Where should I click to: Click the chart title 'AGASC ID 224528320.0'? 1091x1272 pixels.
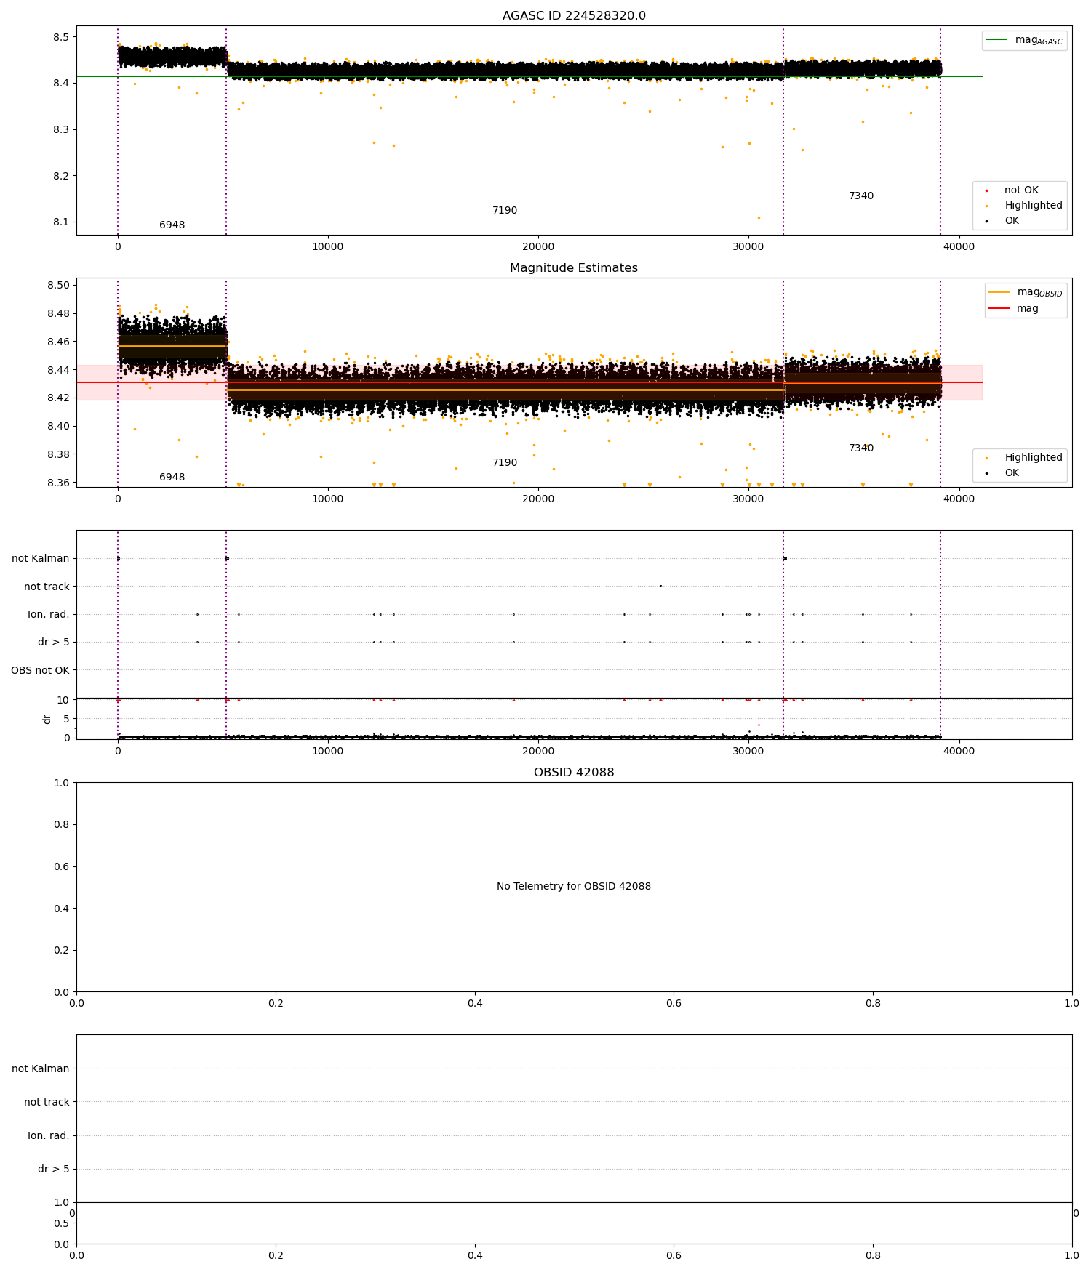[x=574, y=16]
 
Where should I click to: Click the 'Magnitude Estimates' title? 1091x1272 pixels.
[x=574, y=268]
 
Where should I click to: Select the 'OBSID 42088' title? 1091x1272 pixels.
[x=574, y=773]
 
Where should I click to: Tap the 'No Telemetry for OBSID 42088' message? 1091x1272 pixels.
[x=574, y=887]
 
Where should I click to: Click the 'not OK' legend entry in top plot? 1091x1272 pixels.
[x=1021, y=190]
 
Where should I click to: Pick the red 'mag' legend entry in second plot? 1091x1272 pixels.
[x=1027, y=309]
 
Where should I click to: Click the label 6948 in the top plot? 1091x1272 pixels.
[x=172, y=225]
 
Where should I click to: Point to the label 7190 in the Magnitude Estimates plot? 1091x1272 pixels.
[x=505, y=463]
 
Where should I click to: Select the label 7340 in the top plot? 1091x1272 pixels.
[x=861, y=196]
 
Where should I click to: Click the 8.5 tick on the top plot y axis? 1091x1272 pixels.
[x=61, y=37]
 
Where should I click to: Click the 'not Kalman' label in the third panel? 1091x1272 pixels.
[x=41, y=559]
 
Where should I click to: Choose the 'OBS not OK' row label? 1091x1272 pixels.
[x=41, y=670]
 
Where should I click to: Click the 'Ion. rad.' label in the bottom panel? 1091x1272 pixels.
[x=49, y=1135]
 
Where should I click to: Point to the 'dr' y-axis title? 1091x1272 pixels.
[x=47, y=719]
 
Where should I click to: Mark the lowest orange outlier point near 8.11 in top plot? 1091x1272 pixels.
[x=759, y=217]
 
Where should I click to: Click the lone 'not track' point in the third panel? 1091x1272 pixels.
[x=660, y=586]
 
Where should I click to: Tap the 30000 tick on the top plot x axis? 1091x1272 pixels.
[x=748, y=246]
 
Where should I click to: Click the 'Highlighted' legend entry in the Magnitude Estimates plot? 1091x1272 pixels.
[x=1033, y=458]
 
